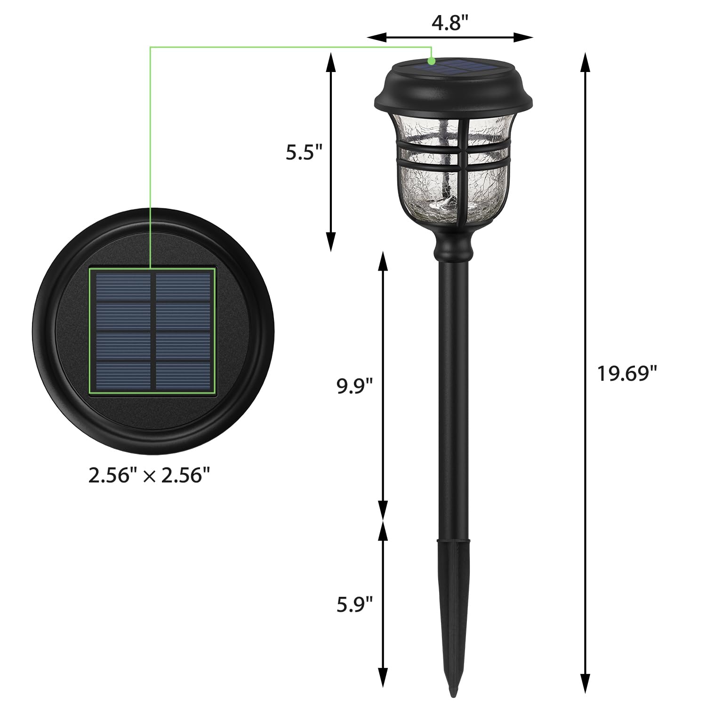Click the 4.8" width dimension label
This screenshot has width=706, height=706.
coord(449,23)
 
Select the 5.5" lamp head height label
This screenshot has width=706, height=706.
coord(304,152)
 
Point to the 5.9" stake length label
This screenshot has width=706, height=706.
coord(354,604)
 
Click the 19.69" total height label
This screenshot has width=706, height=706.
coord(626,374)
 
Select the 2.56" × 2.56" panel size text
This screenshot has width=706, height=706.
coord(149,476)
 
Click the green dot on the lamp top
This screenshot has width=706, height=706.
coord(431,61)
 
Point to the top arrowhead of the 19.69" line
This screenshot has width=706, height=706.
coord(585,61)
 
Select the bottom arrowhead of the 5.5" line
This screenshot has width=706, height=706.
coord(331,242)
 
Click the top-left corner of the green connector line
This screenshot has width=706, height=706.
coord(150,47)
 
